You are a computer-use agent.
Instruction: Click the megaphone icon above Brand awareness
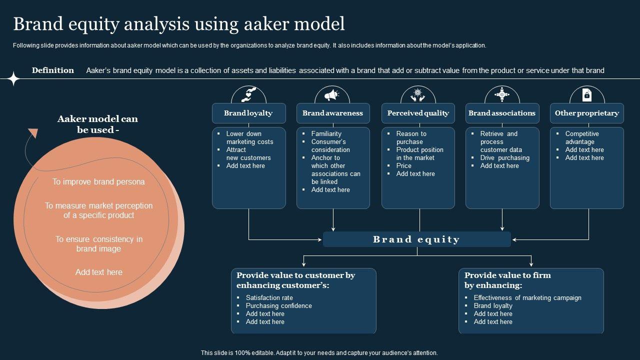click(332, 94)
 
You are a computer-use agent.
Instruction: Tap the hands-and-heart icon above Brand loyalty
click(248, 94)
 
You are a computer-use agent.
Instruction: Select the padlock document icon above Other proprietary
click(587, 94)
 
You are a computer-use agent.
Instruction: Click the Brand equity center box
click(416, 239)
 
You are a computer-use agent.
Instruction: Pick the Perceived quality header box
click(418, 113)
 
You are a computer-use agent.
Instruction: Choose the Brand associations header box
click(502, 113)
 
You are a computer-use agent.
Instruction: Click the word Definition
click(53, 70)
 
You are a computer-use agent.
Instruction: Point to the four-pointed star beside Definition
click(13, 78)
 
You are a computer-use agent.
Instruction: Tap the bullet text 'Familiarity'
click(326, 134)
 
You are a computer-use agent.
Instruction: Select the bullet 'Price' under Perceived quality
click(404, 166)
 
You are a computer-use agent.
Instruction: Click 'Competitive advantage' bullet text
click(581, 138)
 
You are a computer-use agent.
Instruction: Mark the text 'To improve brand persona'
click(98, 182)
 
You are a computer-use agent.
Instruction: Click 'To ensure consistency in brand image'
click(98, 244)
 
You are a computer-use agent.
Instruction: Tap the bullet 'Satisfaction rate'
click(269, 298)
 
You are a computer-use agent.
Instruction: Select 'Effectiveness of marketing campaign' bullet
click(527, 298)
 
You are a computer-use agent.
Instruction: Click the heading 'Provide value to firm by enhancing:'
click(507, 280)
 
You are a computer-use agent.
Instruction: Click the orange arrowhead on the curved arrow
click(33, 132)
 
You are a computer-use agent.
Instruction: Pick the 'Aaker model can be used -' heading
click(97, 124)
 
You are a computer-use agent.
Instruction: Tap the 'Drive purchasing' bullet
click(504, 158)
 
